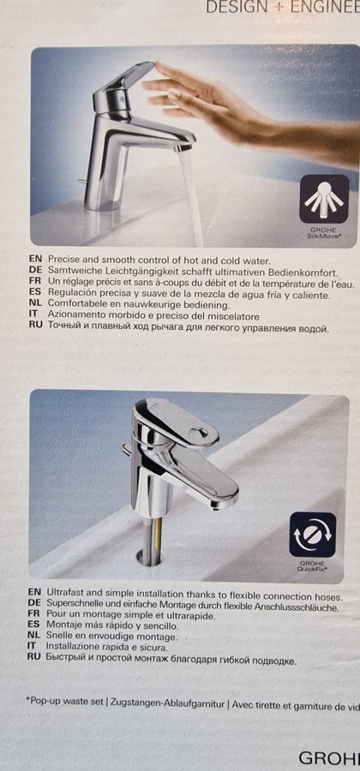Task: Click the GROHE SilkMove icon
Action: click(325, 199)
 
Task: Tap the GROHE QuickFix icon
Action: click(313, 535)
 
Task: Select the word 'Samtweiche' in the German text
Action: click(68, 272)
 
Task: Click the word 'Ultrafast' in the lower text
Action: click(63, 597)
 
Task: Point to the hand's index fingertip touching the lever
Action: click(156, 64)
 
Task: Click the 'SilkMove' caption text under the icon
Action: click(324, 235)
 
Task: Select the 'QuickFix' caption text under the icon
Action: click(313, 569)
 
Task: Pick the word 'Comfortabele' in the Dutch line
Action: click(73, 304)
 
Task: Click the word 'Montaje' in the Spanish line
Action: click(62, 626)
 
